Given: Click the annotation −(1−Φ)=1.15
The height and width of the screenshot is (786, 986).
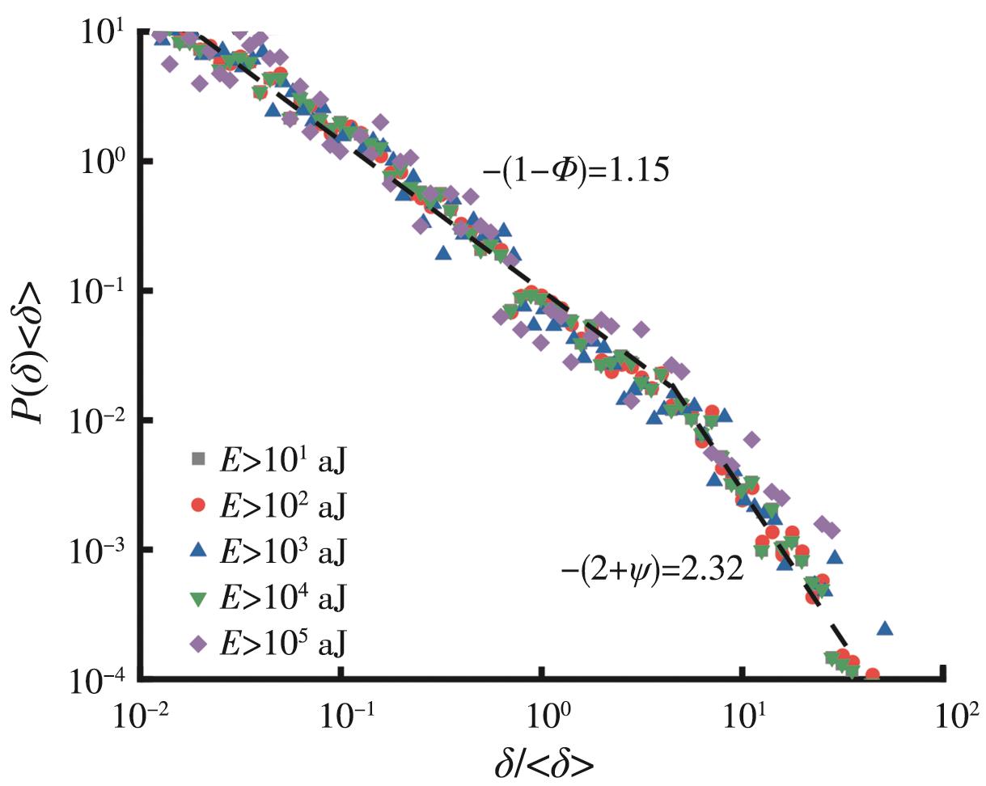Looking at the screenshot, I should [575, 172].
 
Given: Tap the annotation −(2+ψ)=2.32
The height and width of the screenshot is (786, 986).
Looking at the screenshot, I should [652, 571].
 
